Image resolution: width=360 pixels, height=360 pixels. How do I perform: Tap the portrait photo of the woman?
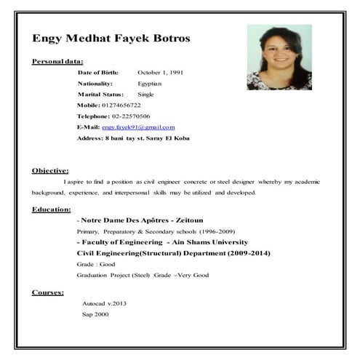279,57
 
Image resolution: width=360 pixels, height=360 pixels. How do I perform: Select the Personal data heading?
57,61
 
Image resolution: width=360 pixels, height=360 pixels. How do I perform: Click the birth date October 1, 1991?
161,73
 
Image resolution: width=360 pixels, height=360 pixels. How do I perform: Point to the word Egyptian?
151,84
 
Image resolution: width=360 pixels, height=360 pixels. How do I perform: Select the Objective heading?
50,170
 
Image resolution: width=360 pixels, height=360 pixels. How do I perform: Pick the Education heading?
51,209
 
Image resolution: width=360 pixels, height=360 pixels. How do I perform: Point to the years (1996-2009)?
193,231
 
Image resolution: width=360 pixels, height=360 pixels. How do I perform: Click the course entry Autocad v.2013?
104,303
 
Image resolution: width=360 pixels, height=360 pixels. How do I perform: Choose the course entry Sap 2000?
95,314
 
